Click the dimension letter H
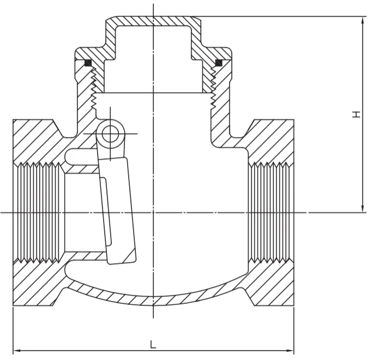[356, 115]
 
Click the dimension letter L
[153, 344]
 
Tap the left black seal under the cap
[88, 63]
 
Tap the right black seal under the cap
[219, 63]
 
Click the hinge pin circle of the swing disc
[110, 134]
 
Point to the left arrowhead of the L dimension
[17, 351]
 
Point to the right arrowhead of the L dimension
[290, 351]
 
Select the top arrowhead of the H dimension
[363, 21]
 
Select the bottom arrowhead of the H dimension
[363, 208]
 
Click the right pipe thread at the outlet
[269, 212]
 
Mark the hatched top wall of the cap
[153, 21]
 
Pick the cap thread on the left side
[94, 88]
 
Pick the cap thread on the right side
[213, 88]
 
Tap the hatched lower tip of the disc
[130, 256]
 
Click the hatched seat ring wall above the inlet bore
[81, 169]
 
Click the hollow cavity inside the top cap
[153, 59]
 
